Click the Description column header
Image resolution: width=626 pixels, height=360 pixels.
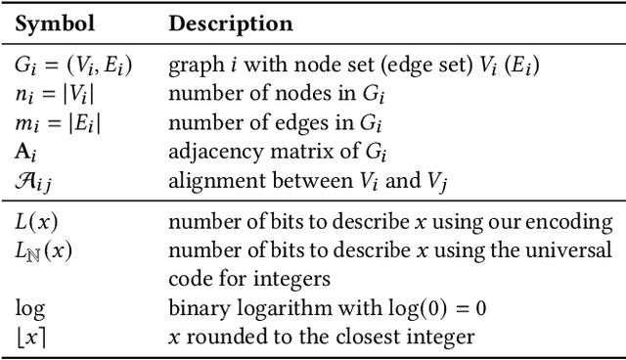coord(230,22)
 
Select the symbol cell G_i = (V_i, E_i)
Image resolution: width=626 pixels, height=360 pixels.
coord(74,67)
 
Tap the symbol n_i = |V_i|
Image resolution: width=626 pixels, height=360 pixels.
coord(52,96)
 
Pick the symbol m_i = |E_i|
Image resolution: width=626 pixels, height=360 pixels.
coord(54,124)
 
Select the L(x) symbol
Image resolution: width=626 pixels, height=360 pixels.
coord(34,223)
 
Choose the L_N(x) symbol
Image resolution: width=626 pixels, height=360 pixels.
coord(38,251)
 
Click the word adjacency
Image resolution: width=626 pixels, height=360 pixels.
coord(209,152)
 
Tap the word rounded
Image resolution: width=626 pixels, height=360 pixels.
coord(217,337)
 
